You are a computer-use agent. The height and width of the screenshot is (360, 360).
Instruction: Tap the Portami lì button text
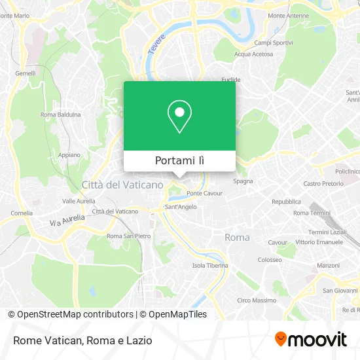pyautogui.click(x=179, y=161)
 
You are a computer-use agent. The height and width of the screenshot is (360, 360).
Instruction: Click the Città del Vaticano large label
pyautogui.click(x=122, y=185)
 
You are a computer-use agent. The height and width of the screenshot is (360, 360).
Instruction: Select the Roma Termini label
pyautogui.click(x=311, y=213)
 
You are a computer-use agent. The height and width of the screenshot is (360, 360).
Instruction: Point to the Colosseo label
pyautogui.click(x=270, y=259)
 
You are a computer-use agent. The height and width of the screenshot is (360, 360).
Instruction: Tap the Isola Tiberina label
pyautogui.click(x=210, y=266)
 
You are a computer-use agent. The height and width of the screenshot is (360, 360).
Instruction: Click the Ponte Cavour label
pyautogui.click(x=204, y=193)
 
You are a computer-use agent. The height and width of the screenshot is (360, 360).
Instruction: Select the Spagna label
pyautogui.click(x=243, y=181)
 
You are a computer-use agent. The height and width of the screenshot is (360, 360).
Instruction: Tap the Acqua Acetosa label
pyautogui.click(x=253, y=54)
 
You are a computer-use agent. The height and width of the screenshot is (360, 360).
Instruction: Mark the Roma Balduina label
pyautogui.click(x=61, y=115)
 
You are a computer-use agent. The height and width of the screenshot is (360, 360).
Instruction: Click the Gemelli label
pyautogui.click(x=26, y=73)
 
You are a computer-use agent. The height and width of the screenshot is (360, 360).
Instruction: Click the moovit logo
pyautogui.click(x=311, y=340)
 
